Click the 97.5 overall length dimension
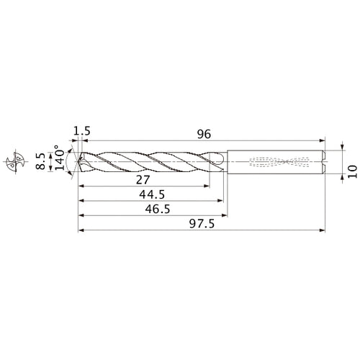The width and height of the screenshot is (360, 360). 199,225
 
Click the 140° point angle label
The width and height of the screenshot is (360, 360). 70,162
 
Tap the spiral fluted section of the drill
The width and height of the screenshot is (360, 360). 151,163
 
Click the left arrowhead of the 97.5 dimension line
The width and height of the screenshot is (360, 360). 81,231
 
